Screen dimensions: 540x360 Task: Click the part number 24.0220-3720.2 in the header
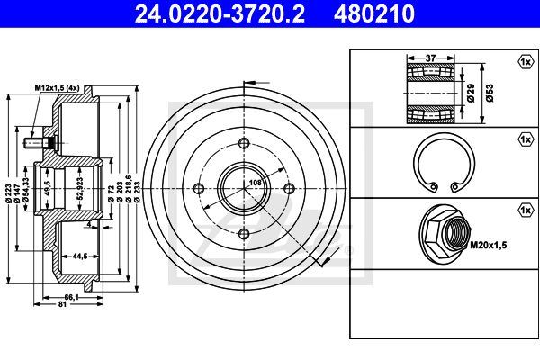coord(220,13)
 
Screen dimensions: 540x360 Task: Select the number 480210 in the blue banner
coord(374,13)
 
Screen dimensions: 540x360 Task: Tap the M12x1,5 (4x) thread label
coord(58,88)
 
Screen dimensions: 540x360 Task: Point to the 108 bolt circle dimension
coord(256,183)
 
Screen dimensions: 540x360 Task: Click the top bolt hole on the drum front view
coord(244,143)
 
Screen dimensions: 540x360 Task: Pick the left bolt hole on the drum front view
coord(199,188)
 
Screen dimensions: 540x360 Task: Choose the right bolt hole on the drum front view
coord(289,188)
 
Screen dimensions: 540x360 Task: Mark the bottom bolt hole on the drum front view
coord(244,234)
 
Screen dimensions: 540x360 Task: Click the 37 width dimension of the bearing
coord(430,58)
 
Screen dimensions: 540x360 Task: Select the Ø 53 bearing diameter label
coord(490,93)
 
